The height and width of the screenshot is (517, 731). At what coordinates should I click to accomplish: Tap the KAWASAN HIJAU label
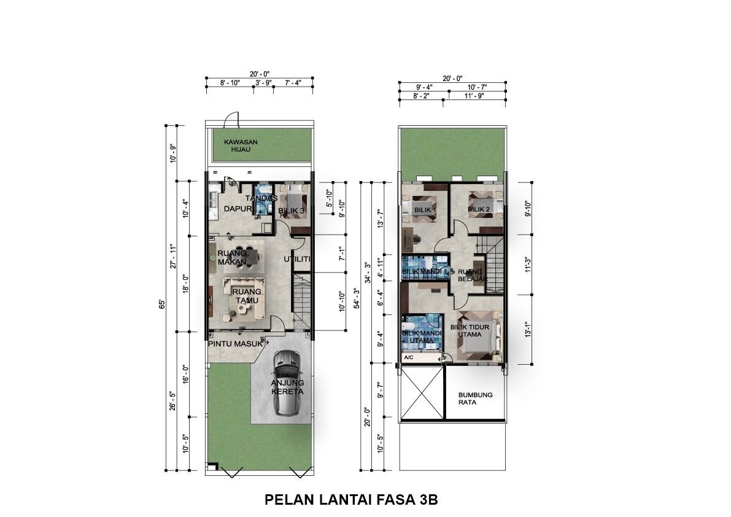pos(241,146)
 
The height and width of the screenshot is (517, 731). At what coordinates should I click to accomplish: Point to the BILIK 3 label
pos(292,211)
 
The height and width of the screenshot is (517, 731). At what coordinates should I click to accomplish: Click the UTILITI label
pos(298,259)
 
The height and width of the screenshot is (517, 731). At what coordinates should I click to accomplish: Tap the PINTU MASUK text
pos(235,344)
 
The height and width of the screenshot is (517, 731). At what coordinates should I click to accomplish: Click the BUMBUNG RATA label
pos(475,398)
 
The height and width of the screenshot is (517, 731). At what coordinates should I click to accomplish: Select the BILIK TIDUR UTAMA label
pos(470,330)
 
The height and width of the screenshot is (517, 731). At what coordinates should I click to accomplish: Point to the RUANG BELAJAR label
pos(472,275)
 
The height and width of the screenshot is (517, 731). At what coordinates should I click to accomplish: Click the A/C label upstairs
pos(409,357)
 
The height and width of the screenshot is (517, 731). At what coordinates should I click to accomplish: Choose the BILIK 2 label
pos(479,209)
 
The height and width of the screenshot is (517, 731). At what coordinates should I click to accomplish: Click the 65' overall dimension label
pos(162,304)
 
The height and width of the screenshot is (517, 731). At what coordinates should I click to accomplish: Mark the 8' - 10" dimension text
pos(230,82)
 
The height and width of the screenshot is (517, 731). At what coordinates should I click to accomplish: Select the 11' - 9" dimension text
pos(474,96)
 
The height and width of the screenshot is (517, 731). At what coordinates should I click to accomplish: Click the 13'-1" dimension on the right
pos(528,329)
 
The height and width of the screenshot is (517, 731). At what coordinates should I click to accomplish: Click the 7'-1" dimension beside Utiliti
pos(342,254)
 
